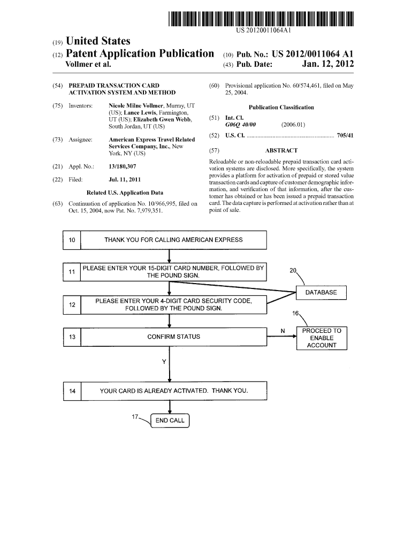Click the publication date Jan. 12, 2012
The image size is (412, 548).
(328, 65)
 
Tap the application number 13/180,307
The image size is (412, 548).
(122, 166)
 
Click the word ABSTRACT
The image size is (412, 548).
(281, 151)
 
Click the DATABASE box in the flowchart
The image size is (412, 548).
(321, 292)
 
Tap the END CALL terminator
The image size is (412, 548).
(170, 421)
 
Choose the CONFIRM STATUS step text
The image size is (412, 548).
(173, 337)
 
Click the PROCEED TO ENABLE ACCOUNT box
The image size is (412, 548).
(322, 338)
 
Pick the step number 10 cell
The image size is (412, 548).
(72, 240)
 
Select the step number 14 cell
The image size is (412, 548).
(72, 391)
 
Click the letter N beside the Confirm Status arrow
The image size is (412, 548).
(283, 331)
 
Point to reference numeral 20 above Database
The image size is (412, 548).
(293, 271)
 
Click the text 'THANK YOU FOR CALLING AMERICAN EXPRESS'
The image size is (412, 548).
(173, 240)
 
